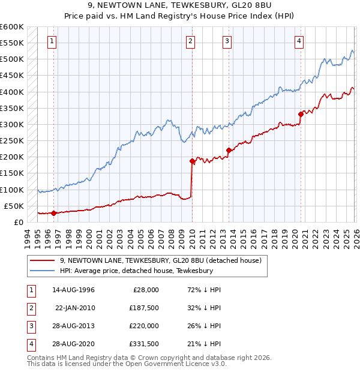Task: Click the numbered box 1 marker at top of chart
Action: (53, 41)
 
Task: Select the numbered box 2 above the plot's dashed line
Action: (190, 41)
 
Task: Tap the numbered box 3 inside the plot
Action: (227, 41)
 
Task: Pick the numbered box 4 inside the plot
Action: (299, 41)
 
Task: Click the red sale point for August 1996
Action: (53, 213)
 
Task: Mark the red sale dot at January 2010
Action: (192, 161)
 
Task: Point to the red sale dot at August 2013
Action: (229, 151)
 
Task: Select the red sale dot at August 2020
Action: (301, 114)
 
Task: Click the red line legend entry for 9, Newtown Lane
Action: (160, 261)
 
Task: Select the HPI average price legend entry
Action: (136, 271)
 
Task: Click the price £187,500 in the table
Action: (143, 308)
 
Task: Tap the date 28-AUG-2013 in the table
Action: (73, 326)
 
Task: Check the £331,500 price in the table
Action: (143, 344)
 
